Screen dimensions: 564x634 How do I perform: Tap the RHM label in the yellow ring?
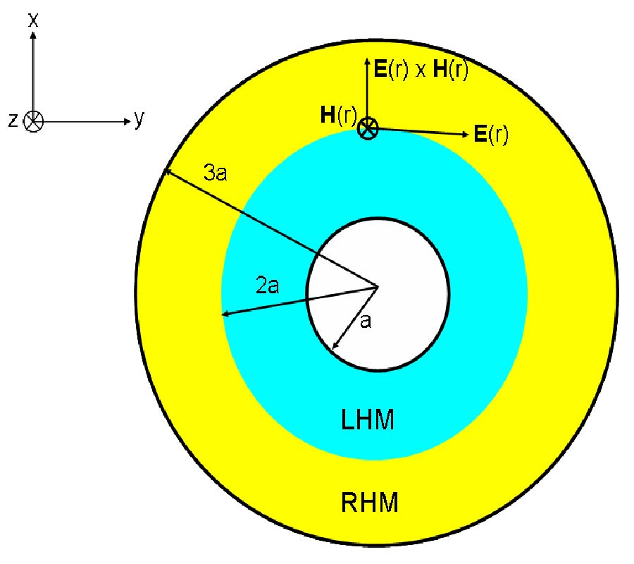(370, 503)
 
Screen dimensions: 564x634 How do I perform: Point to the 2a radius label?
(268, 286)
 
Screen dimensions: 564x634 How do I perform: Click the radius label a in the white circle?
(366, 321)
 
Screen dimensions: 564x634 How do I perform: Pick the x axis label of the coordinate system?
(32, 20)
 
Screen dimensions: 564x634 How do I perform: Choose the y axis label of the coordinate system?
(139, 119)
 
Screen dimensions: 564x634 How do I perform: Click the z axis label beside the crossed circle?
(13, 121)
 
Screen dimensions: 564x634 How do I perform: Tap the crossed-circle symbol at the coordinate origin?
(33, 121)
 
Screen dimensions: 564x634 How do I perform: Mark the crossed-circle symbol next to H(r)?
(368, 128)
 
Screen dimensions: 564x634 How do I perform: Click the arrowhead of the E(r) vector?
(464, 134)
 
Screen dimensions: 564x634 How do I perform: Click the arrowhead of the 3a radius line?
(166, 171)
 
